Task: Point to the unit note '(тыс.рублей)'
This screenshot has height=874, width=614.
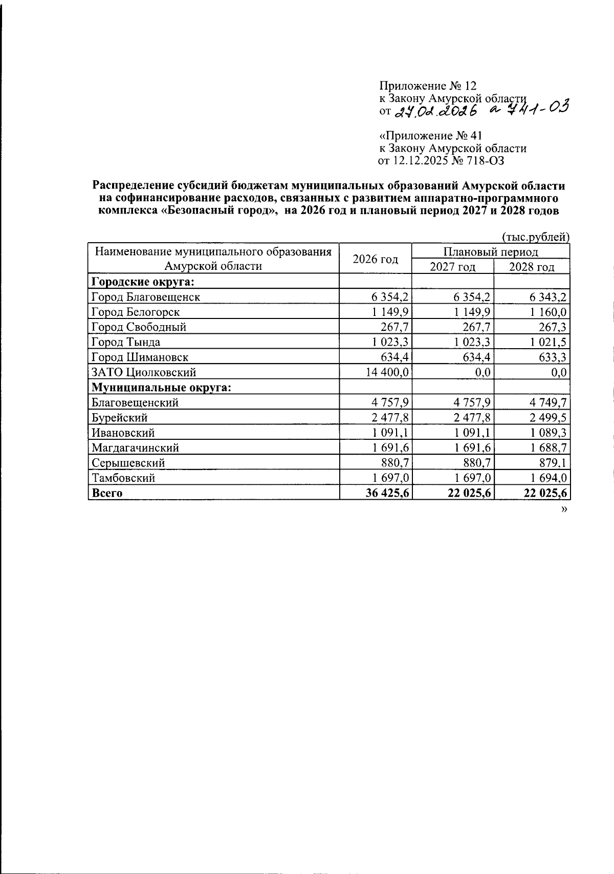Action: pos(535,237)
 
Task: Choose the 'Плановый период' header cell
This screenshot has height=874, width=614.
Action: pos(490,251)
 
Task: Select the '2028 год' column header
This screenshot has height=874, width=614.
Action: pos(532,267)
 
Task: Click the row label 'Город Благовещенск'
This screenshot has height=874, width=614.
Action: pos(145,296)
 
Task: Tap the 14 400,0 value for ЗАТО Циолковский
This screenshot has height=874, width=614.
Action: pos(387,372)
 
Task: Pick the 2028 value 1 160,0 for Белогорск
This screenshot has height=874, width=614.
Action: pos(547,312)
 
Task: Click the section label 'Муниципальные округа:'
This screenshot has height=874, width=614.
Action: pos(161,387)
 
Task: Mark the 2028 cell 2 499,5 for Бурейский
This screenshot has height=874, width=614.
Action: pos(546,417)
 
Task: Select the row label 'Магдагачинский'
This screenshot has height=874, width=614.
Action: pos(135,447)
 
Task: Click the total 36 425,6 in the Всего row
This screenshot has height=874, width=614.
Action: pos(387,493)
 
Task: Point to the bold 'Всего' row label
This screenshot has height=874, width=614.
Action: pos(107,493)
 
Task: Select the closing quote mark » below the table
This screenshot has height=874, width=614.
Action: pos(564,509)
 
